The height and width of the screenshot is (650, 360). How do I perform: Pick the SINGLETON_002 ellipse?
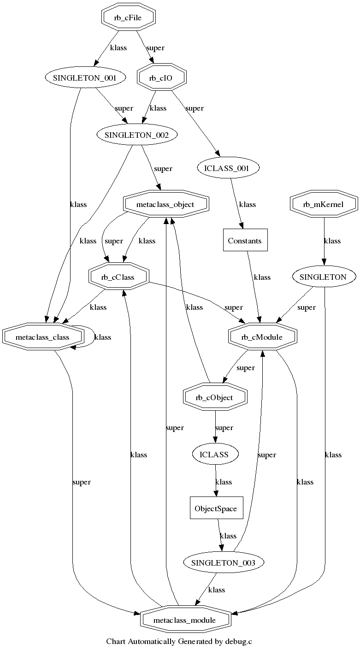coord(130,135)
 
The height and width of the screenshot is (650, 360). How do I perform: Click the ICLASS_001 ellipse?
coord(229,168)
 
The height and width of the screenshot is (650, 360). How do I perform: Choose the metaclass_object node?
coord(165,204)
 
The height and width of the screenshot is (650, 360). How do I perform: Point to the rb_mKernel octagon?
coord(324,204)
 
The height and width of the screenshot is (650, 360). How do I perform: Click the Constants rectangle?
coord(245,241)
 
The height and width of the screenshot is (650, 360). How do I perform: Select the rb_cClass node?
coord(118,277)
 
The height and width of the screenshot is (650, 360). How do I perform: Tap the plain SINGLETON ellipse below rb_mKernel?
coord(323,277)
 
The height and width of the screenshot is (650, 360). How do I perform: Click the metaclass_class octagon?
coord(42,337)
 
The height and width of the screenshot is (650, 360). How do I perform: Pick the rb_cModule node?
coord(262,337)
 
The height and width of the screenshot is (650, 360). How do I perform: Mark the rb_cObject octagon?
coord(215,397)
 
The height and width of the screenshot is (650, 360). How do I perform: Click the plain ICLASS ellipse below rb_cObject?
coord(214,455)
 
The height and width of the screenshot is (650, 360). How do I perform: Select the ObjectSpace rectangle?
coord(216,509)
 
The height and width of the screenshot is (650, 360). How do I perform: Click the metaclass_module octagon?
coord(185,620)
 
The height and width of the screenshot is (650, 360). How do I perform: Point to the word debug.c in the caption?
coord(239,641)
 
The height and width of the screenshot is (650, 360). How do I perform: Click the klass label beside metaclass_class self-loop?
coord(103,337)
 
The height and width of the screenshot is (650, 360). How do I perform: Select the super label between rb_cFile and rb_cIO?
coord(155,47)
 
